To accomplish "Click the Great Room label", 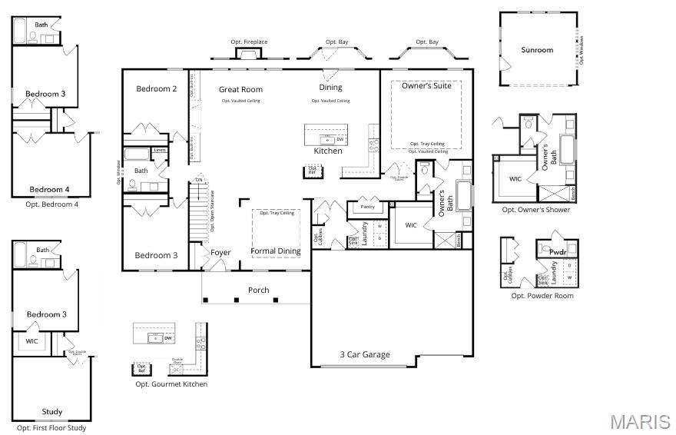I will point(240,89).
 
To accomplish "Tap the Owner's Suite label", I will point(426,85).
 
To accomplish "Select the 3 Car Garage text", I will point(365,354).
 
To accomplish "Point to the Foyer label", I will point(220,252).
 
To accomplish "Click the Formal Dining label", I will point(276,251).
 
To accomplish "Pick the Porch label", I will point(258,290).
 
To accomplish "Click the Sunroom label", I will point(537,50).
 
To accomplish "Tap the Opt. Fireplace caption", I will point(249,42).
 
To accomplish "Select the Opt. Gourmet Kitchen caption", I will point(171,384).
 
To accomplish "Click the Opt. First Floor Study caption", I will point(51,428).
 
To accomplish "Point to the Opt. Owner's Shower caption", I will point(536,210).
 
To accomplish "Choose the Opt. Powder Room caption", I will point(542,296).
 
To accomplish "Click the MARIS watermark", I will point(640,422).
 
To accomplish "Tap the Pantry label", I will point(367,207).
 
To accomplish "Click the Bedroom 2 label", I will point(157,88).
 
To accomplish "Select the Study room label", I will point(51,411).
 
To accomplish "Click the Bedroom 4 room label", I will point(49,189).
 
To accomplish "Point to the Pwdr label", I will point(558,251).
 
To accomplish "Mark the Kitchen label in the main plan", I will point(328,151).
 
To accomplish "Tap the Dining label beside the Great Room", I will point(330,87).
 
